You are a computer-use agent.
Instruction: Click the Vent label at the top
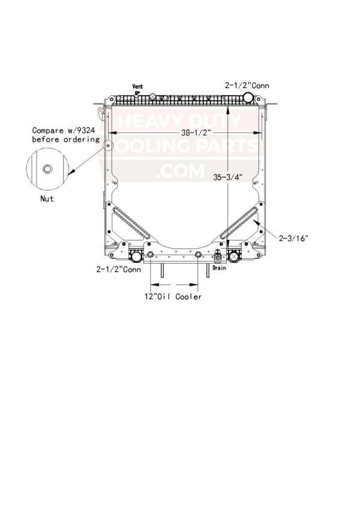(137, 86)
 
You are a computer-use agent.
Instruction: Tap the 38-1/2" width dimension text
(197, 132)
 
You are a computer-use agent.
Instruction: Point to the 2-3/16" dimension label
(293, 238)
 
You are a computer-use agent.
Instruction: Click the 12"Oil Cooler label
(173, 296)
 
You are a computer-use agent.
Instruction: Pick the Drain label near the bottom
(219, 268)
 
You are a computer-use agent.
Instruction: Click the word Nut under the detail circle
(47, 198)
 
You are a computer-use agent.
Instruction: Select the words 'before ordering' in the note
(65, 140)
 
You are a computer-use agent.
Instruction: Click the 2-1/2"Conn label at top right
(247, 85)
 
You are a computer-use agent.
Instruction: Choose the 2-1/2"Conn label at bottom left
(119, 269)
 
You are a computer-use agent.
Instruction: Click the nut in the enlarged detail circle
(47, 169)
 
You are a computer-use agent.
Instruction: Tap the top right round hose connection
(248, 97)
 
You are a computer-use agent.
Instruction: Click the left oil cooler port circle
(151, 254)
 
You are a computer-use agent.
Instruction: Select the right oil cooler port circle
(198, 254)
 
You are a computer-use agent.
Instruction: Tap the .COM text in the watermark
(180, 171)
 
